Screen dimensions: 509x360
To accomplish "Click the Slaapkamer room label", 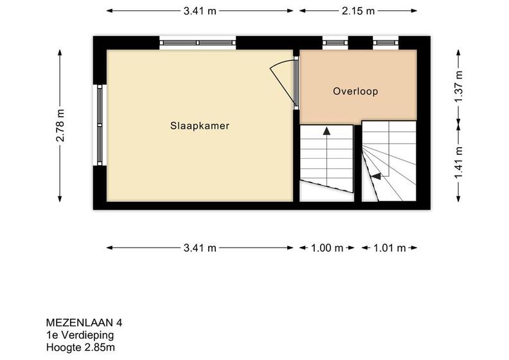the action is (200, 125).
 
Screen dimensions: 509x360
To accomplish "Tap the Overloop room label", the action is (355, 91).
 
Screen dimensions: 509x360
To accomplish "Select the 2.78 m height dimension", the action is (60, 125).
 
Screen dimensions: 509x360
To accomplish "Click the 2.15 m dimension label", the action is (358, 11).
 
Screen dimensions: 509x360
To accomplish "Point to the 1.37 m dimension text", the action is (458, 86).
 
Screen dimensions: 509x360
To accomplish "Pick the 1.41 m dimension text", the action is (458, 163).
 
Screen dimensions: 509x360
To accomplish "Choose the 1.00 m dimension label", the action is (327, 248).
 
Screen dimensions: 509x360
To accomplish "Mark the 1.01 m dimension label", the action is (389, 248).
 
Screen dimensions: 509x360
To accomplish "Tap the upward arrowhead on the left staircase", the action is (326, 130).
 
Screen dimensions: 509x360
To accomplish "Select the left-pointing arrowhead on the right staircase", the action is (375, 176).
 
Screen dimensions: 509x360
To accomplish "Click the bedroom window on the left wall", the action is (100, 125).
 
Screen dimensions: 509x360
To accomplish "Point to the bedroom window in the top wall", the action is (198, 43).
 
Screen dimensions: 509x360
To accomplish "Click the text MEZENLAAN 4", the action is (84, 323).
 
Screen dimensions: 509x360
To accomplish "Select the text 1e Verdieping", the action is (80, 335).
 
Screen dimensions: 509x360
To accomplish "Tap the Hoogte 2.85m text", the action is (80, 347).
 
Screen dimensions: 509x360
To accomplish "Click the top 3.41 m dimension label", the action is (200, 11).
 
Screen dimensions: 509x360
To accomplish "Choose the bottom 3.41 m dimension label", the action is (200, 248).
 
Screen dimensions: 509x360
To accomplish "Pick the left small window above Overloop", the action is (335, 43).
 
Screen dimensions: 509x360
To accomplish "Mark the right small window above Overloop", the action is (386, 43).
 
